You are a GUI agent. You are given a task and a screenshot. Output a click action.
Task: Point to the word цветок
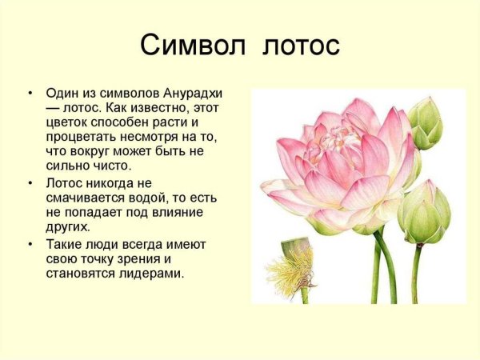[69, 122]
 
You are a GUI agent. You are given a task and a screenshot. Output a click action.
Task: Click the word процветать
[83, 137]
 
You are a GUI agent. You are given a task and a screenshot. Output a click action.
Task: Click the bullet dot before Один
[30, 94]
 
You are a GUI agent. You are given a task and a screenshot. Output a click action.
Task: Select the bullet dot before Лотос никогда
[30, 184]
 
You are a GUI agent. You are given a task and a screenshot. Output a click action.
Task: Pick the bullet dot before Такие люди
[30, 244]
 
